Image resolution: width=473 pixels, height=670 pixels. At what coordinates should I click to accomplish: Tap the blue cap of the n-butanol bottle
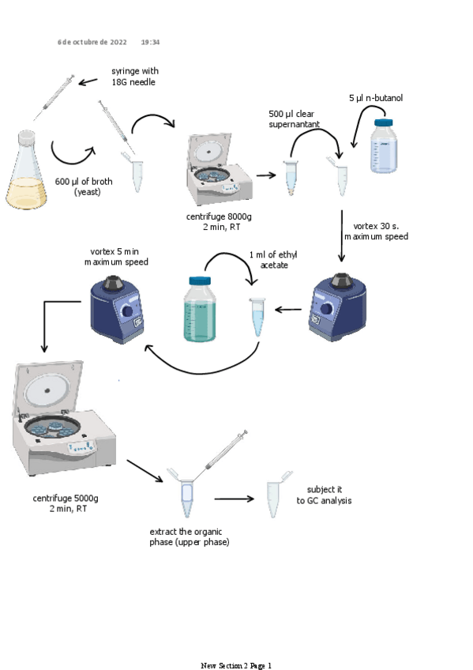pos(383,122)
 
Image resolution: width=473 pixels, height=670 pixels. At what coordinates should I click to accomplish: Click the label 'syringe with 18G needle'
pos(135,77)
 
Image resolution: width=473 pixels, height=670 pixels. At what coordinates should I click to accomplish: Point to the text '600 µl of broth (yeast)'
pos(84,186)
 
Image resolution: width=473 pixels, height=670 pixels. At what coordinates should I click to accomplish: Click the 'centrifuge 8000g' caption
pos(219,216)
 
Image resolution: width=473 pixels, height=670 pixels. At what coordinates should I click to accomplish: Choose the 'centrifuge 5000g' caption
pos(66,499)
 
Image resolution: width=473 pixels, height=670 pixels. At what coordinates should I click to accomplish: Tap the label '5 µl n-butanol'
pos(376,98)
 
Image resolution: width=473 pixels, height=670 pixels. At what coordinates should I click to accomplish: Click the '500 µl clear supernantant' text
pos(294,119)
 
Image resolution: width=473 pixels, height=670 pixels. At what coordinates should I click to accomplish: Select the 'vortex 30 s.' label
pos(376,226)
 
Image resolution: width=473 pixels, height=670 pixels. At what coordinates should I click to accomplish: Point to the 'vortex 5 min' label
pos(114,252)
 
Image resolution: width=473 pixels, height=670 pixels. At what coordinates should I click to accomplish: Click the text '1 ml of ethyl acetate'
pos(274,260)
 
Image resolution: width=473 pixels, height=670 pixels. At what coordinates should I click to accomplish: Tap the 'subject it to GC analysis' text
pos(324,495)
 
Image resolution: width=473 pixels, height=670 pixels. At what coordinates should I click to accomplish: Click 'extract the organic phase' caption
pos(186,532)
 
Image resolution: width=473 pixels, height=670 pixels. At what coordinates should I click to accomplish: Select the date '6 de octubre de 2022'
pos(92,42)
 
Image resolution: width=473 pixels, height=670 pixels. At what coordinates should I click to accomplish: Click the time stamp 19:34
pos(150,42)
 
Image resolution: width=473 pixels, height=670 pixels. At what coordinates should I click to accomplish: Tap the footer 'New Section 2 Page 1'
pos(236,665)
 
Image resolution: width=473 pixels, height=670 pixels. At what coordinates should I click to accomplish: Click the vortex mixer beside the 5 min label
pos(117,310)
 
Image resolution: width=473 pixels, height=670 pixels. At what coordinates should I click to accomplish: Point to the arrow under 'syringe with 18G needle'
pos(88,81)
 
